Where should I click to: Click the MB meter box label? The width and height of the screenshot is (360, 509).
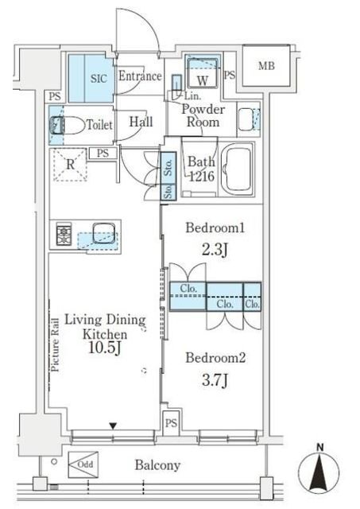(266, 66)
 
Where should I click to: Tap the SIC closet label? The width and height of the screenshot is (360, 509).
(99, 78)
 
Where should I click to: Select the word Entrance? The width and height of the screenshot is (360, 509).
(140, 76)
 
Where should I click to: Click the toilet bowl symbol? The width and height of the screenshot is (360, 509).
(67, 126)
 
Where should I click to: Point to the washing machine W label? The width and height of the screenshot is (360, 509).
(203, 81)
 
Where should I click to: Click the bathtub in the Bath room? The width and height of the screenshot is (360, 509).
(239, 169)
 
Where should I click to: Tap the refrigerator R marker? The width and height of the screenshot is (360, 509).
(70, 165)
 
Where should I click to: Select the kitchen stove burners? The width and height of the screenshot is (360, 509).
(64, 234)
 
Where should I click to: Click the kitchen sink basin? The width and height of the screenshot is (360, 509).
(104, 233)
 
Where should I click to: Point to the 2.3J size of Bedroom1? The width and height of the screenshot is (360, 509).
(215, 251)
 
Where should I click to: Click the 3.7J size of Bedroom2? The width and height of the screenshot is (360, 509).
(215, 380)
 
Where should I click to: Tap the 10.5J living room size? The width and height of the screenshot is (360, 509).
(105, 348)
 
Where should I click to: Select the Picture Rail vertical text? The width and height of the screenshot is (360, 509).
(55, 344)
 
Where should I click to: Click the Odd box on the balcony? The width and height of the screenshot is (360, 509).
(83, 464)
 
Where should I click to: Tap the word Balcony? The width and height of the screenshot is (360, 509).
(157, 465)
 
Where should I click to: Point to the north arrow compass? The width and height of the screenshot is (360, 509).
(319, 471)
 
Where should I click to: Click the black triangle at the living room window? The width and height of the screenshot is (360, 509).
(113, 426)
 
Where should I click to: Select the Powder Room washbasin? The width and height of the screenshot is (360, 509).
(249, 119)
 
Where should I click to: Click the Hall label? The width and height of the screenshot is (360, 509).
(141, 122)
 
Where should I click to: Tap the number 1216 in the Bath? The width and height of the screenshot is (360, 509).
(201, 177)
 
